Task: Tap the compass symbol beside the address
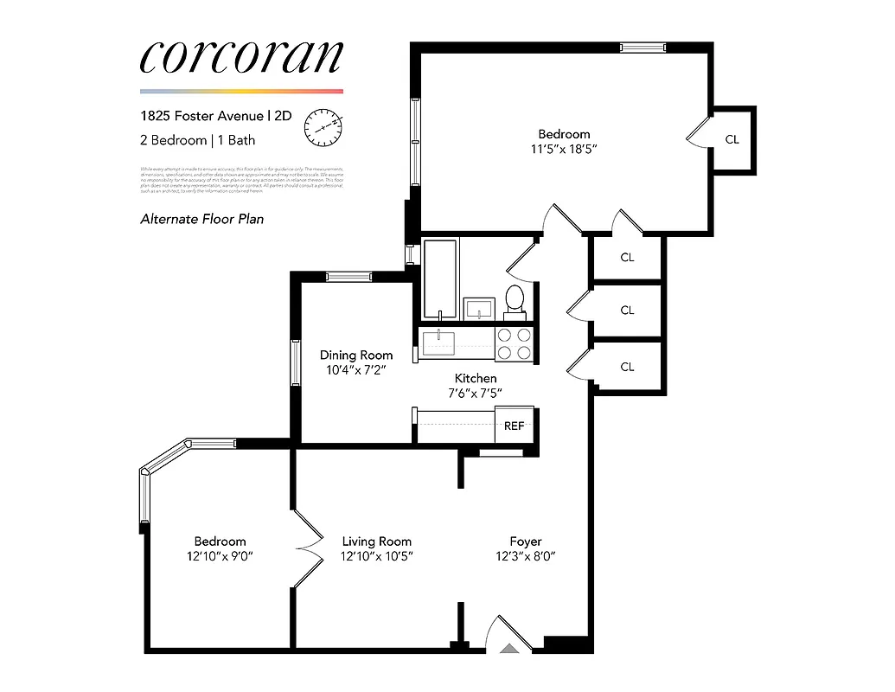tap(323, 126)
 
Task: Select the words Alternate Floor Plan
tap(201, 219)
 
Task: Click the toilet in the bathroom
tap(514, 298)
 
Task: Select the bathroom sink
tap(478, 307)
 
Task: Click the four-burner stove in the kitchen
tap(515, 343)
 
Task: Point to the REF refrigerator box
tap(515, 425)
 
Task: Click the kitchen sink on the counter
tap(443, 343)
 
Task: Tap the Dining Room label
tap(356, 355)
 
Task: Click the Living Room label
tap(376, 541)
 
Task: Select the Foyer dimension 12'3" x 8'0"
tap(520, 556)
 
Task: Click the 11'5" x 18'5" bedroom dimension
tap(564, 149)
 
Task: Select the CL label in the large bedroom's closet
tap(732, 139)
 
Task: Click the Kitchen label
tap(476, 378)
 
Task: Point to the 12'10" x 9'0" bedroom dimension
tap(220, 556)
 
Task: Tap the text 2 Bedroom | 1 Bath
tap(197, 139)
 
